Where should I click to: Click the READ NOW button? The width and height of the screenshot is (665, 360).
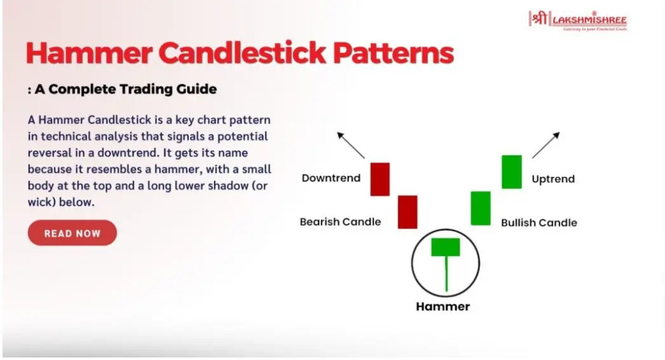coord(72,233)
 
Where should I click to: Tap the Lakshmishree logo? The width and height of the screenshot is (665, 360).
coord(578,20)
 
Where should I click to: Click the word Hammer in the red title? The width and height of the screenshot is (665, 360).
coord(88,53)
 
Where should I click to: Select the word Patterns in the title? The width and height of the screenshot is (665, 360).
coord(393,53)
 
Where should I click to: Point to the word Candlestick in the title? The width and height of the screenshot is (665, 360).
coord(242,53)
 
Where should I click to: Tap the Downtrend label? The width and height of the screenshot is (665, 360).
coord(331,178)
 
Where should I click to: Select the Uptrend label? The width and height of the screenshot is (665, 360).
coord(553,179)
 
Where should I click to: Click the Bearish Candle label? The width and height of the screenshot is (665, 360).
coord(340,221)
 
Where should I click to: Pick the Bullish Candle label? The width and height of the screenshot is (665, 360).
coord(539,223)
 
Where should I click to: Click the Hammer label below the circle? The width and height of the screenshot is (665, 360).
coord(442,307)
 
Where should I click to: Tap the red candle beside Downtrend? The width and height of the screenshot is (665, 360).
coord(380,179)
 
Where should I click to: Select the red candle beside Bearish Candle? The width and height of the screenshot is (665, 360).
coord(408,212)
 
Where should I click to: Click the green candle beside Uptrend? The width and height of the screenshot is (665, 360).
coord(512,172)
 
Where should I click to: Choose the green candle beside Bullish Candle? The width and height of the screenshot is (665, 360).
coord(481,209)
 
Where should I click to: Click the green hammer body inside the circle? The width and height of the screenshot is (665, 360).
coord(446,247)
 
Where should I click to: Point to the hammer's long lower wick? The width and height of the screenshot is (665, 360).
coord(446,274)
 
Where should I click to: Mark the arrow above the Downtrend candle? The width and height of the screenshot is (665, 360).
coord(351,145)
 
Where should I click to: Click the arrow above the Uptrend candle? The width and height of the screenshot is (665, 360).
coord(546,145)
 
